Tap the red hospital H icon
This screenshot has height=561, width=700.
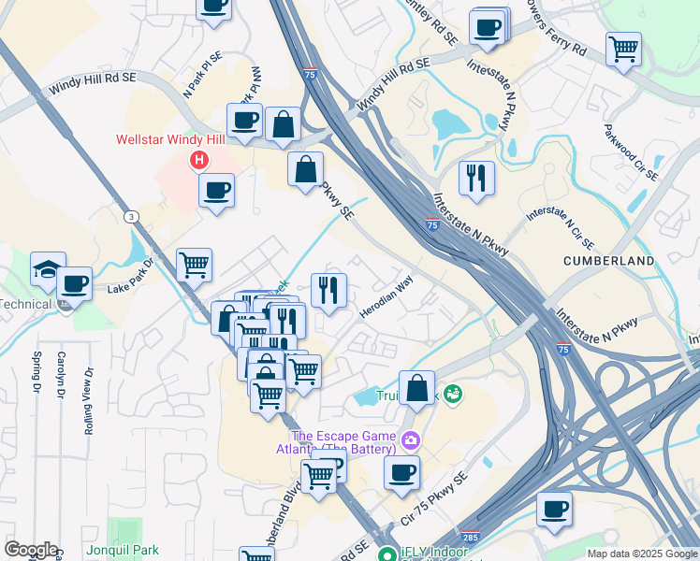coord(198,160)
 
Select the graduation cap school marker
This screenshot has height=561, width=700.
coord(48,269)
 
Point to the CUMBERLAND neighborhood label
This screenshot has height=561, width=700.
coord(609,260)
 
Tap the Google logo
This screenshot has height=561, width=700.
coord(30,550)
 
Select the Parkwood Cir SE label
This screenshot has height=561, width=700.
coord(631,152)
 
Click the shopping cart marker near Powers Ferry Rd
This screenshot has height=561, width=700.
coord(623,47)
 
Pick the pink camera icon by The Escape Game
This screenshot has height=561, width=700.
coord(409,439)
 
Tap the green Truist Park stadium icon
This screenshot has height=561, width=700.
coord(454,395)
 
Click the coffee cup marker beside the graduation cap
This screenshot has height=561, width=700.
coord(74,282)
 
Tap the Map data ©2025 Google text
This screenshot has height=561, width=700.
coord(641,554)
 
